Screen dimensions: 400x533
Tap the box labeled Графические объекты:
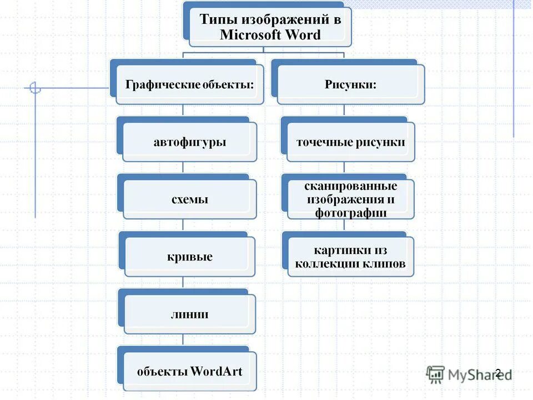pyautogui.click(x=189, y=84)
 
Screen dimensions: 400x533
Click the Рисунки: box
pyautogui.click(x=350, y=84)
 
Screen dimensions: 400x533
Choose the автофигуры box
pyautogui.click(x=189, y=142)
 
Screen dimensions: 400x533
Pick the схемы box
pyautogui.click(x=189, y=199)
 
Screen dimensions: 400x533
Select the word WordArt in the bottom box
pyautogui.click(x=217, y=371)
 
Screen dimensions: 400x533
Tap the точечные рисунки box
pyautogui.click(x=350, y=142)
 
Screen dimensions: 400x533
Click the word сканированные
pyautogui.click(x=350, y=186)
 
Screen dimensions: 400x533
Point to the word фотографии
pyautogui.click(x=350, y=212)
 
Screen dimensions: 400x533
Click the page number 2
pyautogui.click(x=498, y=373)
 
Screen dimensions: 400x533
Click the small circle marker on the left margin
pyautogui.click(x=35, y=87)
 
